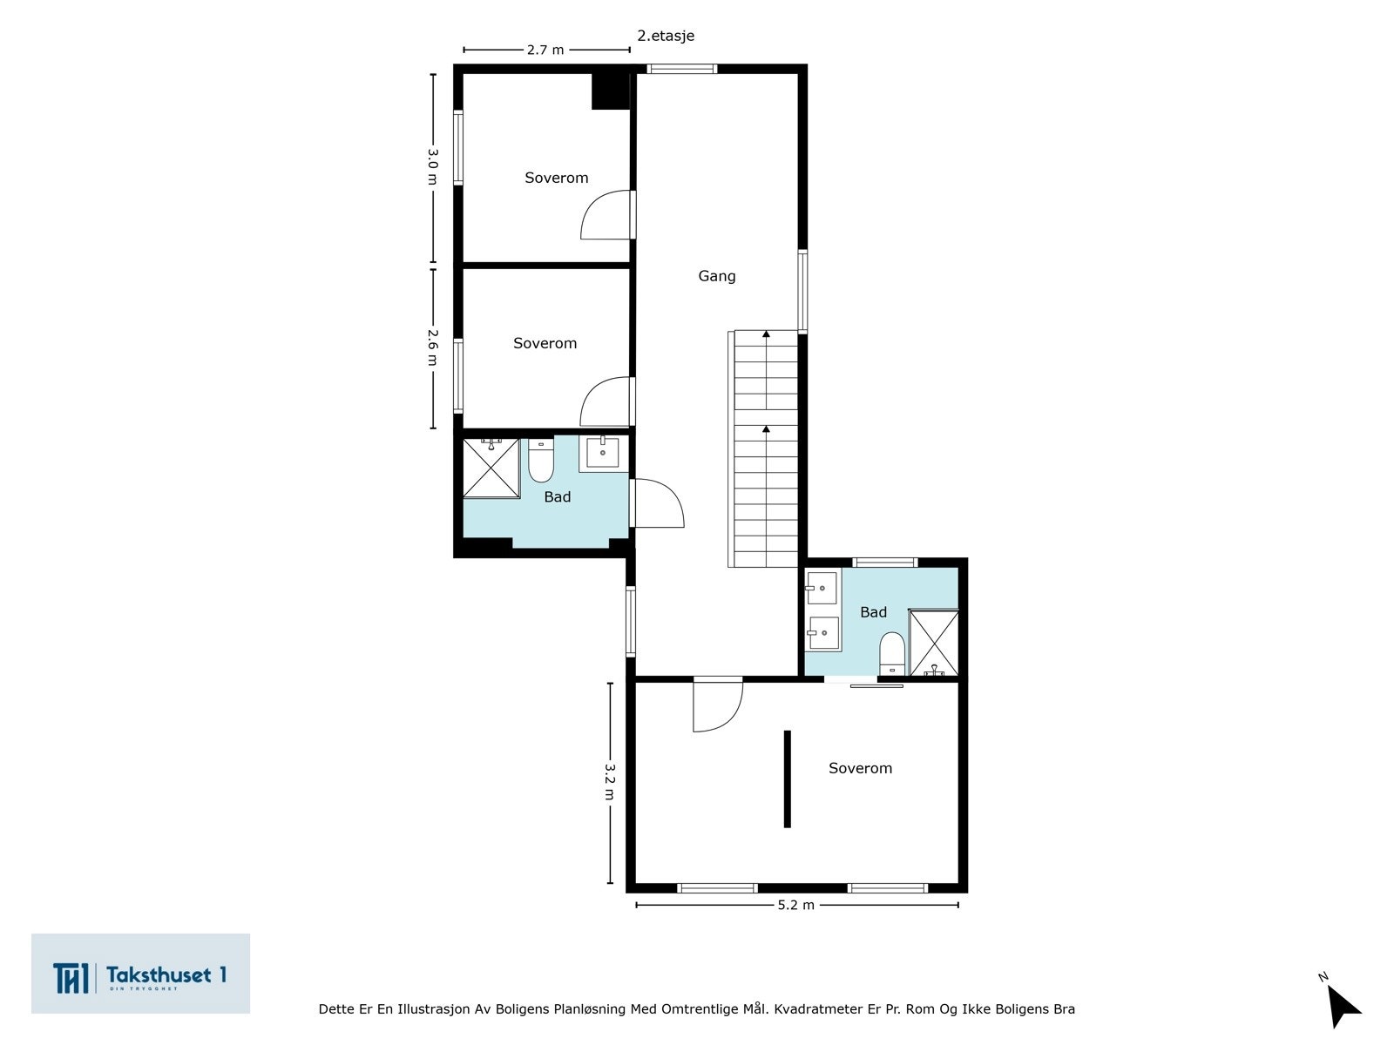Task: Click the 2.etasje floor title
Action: tap(666, 36)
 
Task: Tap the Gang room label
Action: tap(717, 276)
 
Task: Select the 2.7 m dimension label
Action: tap(545, 50)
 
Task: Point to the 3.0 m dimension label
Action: tap(433, 166)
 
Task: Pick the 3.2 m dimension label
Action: tap(610, 785)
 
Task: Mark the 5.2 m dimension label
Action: tap(796, 905)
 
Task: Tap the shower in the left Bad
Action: tap(491, 468)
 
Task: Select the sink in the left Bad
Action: tap(603, 453)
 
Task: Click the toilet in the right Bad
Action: tap(891, 653)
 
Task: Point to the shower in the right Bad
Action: tap(934, 644)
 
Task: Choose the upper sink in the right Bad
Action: tap(821, 588)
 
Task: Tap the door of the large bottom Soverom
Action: tap(717, 705)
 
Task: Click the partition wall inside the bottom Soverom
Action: tap(787, 779)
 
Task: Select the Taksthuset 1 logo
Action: tap(140, 974)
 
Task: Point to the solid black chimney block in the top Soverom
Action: tap(611, 91)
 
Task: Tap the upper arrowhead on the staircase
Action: tap(766, 334)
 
